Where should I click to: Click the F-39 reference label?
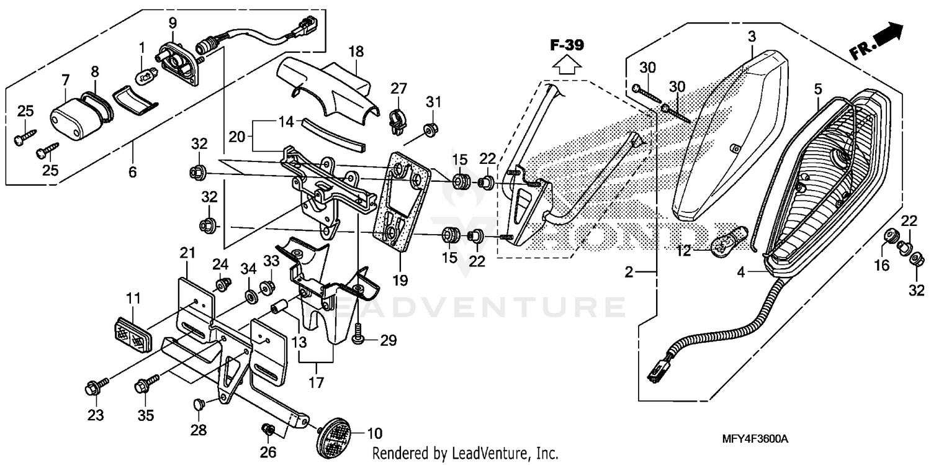coord(567,45)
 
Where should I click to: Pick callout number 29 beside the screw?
coord(388,340)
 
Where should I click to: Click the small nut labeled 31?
coord(428,130)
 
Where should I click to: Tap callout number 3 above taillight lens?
coord(752,37)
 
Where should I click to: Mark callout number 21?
coord(187,253)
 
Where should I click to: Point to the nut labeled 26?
coord(268,430)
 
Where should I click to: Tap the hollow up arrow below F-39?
coord(567,64)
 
